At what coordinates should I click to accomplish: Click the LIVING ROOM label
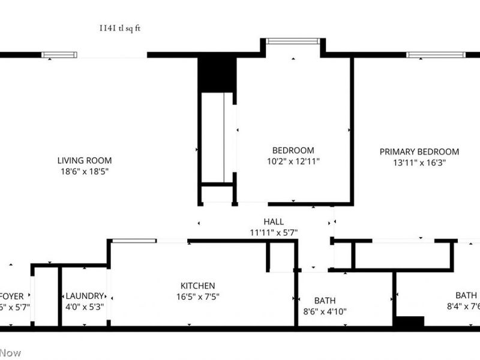click(x=85, y=160)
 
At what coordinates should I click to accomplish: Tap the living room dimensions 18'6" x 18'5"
click(x=85, y=171)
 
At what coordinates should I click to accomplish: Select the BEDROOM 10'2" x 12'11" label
click(x=293, y=150)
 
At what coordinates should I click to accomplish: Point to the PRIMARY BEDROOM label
click(x=419, y=152)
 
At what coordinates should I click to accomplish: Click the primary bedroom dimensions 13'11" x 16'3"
click(x=419, y=163)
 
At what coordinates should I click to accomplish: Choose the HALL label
click(x=274, y=221)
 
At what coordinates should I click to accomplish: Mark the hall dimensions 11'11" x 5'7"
click(x=274, y=232)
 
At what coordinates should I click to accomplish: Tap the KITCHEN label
click(x=198, y=286)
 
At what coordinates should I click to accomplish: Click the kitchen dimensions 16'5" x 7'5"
click(x=198, y=296)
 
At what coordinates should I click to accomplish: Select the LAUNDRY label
click(x=85, y=296)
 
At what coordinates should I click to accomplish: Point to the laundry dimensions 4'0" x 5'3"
click(x=85, y=307)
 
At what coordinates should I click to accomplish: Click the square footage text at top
click(x=121, y=28)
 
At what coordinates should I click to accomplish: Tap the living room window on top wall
click(x=59, y=55)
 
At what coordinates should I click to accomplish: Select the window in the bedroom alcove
click(x=293, y=41)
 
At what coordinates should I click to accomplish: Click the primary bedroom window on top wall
click(x=436, y=55)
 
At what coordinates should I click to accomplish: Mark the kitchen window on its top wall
click(x=134, y=241)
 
